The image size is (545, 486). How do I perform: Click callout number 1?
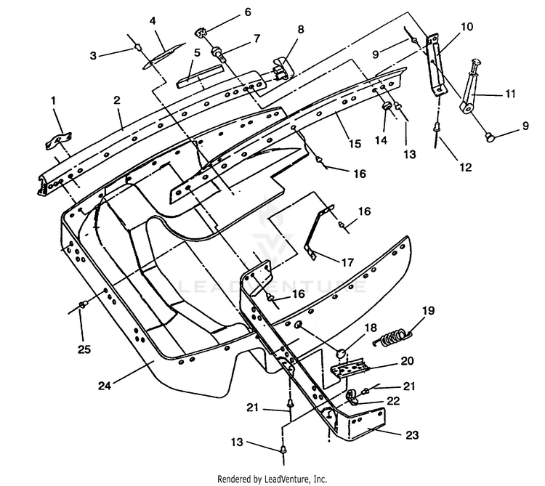(53, 101)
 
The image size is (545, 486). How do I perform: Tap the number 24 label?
(105, 386)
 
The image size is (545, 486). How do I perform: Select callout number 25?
(84, 349)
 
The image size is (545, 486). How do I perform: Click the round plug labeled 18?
(341, 354)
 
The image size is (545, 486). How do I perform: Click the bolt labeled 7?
(219, 54)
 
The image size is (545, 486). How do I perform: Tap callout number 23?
(412, 434)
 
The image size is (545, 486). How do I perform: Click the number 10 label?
(467, 26)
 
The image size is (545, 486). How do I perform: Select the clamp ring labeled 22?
(352, 397)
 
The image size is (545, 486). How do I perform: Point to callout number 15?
(355, 143)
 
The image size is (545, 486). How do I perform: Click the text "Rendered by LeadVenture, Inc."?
(272, 479)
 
